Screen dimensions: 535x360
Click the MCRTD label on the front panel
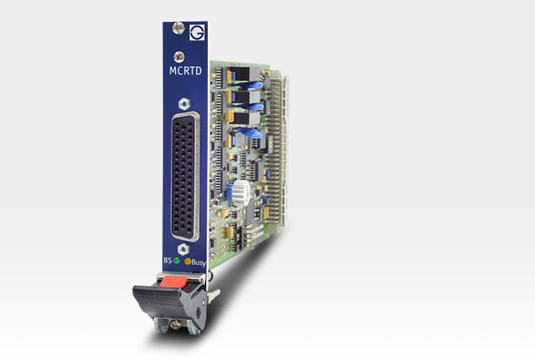[186, 70]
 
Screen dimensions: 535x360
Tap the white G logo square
[197, 33]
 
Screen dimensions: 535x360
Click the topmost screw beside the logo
[178, 27]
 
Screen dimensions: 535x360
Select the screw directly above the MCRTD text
[179, 56]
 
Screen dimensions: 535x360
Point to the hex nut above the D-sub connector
[184, 104]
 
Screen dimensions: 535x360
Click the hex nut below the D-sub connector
[184, 249]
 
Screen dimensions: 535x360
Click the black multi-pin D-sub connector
[185, 176]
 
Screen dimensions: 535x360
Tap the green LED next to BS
[176, 261]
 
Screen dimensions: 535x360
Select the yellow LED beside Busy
[187, 261]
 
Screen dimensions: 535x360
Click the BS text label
[167, 260]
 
